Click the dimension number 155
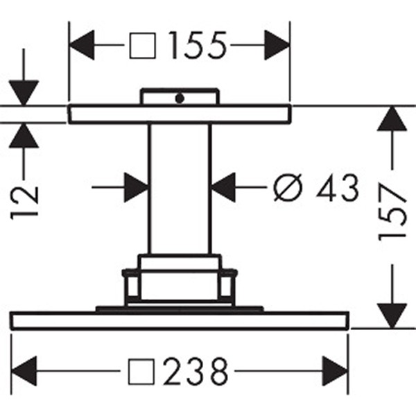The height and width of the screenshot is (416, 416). pyautogui.click(x=198, y=45)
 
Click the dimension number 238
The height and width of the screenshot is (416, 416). pyautogui.click(x=196, y=372)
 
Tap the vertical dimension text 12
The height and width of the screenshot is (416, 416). pyautogui.click(x=24, y=203)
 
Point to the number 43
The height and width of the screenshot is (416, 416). pyautogui.click(x=338, y=187)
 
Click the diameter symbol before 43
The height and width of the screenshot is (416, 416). pyautogui.click(x=288, y=187)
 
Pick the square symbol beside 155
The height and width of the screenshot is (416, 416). pyautogui.click(x=142, y=45)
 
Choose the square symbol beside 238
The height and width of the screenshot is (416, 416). pyautogui.click(x=141, y=372)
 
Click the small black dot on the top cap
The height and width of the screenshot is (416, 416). pyautogui.click(x=180, y=98)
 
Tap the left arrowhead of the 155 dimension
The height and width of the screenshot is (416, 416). pyautogui.click(x=81, y=45)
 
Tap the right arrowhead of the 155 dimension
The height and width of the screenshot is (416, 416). pyautogui.click(x=277, y=45)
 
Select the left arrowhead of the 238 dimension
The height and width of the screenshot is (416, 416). pyautogui.click(x=24, y=371)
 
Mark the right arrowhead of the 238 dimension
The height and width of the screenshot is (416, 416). pyautogui.click(x=335, y=371)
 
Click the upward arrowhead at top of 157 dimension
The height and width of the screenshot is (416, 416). pyautogui.click(x=392, y=119)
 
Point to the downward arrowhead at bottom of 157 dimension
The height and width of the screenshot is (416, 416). pyautogui.click(x=392, y=316)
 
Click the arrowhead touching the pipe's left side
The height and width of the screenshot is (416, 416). pyautogui.click(x=137, y=187)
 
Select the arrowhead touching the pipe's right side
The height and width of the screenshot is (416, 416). pyautogui.click(x=223, y=187)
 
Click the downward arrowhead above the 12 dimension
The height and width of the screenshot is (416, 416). pyautogui.click(x=24, y=93)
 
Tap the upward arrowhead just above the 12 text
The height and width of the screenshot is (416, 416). pyautogui.click(x=24, y=136)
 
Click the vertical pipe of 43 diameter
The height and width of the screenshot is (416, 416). pyautogui.click(x=180, y=189)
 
